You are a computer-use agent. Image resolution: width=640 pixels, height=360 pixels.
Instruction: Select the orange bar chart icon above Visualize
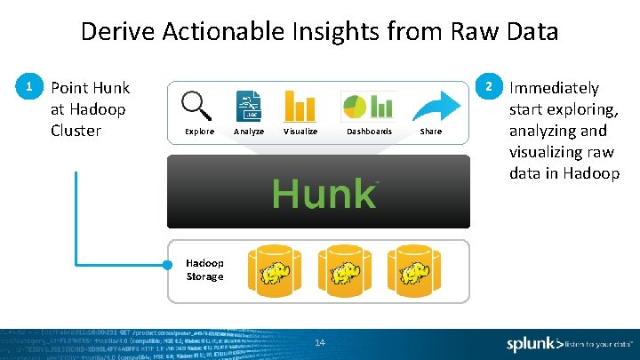tap(300, 106)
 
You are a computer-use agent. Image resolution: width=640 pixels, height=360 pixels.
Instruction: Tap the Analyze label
tap(248, 132)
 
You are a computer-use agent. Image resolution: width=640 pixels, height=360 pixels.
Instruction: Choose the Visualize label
tap(300, 132)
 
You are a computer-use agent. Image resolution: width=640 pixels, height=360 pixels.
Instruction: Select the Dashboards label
tap(369, 132)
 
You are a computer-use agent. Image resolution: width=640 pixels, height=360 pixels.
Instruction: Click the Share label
tap(430, 132)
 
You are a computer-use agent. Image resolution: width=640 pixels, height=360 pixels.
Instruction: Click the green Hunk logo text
tap(324, 193)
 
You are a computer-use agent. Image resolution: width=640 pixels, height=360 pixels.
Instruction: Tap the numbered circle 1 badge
tap(30, 87)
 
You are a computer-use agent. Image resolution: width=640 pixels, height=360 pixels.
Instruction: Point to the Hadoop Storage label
tap(204, 269)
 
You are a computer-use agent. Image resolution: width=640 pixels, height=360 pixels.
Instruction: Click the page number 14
tap(320, 343)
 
